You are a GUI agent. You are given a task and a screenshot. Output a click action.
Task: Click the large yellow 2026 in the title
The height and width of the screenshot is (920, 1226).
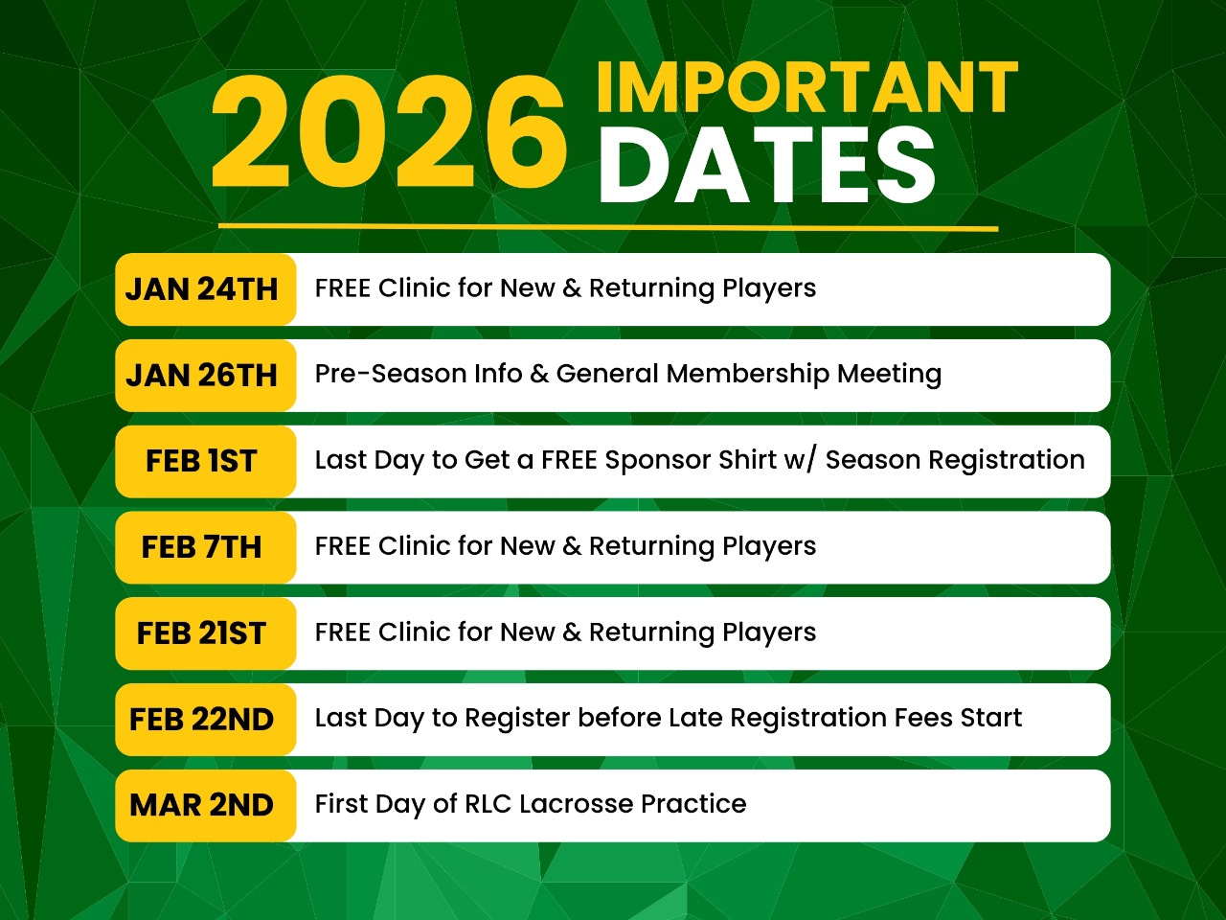[x=389, y=132]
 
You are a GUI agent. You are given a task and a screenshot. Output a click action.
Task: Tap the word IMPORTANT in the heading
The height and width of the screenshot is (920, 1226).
[x=807, y=87]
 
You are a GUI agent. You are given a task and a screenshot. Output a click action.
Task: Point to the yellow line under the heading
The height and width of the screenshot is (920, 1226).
[x=608, y=227]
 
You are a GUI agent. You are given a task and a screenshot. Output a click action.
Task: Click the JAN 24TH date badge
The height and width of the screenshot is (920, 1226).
[x=206, y=288]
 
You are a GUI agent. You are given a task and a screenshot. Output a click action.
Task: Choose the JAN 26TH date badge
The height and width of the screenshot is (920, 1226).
[x=206, y=375]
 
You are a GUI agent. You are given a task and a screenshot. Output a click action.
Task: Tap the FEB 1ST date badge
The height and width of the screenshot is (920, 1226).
[x=206, y=461]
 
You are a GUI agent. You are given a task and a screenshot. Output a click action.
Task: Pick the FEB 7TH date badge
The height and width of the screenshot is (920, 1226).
[x=206, y=547]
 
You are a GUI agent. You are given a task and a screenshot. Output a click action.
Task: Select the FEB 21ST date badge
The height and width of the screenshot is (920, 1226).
[x=206, y=632]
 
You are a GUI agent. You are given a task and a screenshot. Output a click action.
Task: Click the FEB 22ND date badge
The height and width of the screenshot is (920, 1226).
[x=206, y=719]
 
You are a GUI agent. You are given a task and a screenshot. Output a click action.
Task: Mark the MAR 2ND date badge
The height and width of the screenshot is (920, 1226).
[x=206, y=805]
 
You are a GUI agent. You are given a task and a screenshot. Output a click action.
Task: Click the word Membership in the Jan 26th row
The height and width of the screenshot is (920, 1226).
[x=748, y=375]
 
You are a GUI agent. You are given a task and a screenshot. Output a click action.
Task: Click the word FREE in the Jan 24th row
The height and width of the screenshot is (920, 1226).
[x=342, y=288]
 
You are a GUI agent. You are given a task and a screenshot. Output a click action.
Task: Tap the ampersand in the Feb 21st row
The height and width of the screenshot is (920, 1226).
[x=572, y=632]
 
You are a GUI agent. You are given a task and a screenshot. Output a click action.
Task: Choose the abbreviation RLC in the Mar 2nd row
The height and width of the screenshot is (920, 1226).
[x=488, y=804]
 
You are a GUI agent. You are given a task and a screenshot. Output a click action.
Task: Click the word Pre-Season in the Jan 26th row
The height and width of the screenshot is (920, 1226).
[x=391, y=374]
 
